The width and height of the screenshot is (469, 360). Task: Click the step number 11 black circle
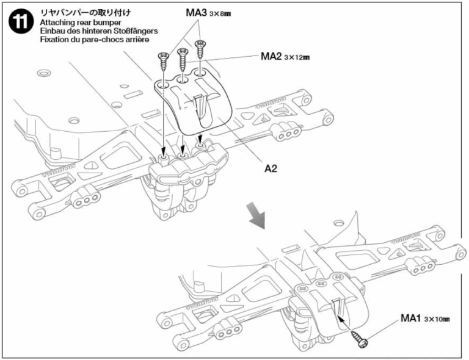pos(21,23)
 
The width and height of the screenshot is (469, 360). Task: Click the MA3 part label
pos(196,13)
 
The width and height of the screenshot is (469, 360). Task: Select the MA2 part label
pos(271,56)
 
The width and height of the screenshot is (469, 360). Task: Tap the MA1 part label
pos(411,318)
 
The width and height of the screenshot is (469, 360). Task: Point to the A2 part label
pos(271,168)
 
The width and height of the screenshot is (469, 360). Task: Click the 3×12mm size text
pos(297,57)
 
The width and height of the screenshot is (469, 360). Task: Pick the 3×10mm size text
pos(437,319)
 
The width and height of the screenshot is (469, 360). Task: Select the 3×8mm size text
pos(220,14)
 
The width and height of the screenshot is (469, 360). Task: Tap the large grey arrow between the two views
pos(256,215)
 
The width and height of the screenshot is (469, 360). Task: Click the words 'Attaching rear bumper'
pos(81,23)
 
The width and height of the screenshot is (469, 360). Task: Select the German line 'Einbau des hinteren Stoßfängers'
pos(99,31)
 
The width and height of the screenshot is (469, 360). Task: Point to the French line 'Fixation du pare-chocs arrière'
pos(95,40)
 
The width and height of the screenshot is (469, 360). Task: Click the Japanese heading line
pos(85,13)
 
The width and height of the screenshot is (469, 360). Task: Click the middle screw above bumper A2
pos(183,59)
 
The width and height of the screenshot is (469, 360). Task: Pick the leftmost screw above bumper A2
pos(164,61)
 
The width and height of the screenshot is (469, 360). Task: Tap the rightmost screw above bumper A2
pos(200,49)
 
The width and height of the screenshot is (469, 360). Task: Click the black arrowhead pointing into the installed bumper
pos(341,320)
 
